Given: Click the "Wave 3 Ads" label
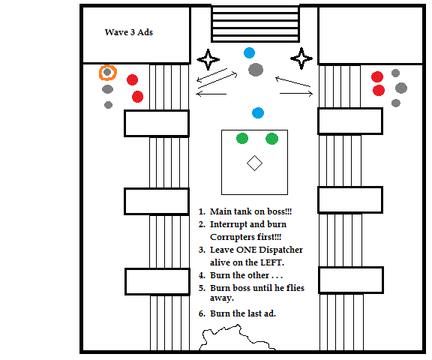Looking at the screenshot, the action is pos(129,32).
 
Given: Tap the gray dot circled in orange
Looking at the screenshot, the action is pos(107,72).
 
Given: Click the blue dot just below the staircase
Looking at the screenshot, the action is pos(249,53).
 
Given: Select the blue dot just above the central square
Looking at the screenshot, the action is pos(258,113).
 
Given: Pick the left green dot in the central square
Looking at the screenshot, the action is pos(242,138).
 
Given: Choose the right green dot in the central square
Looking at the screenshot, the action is pos(272,139).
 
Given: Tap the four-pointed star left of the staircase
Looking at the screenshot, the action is pos(208,59).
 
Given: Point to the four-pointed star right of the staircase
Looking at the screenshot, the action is pos(301,58).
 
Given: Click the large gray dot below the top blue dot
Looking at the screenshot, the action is pos(256,70).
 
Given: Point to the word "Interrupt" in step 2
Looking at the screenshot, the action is pos(229,224).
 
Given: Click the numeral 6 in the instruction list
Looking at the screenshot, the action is pos(201,313).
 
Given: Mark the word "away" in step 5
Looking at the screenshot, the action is pos(221,298).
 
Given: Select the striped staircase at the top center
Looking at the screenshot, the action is pos(255,24).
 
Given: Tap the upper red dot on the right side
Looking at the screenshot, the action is pos(377,76).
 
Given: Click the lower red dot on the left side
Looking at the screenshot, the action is pos(137,97).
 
